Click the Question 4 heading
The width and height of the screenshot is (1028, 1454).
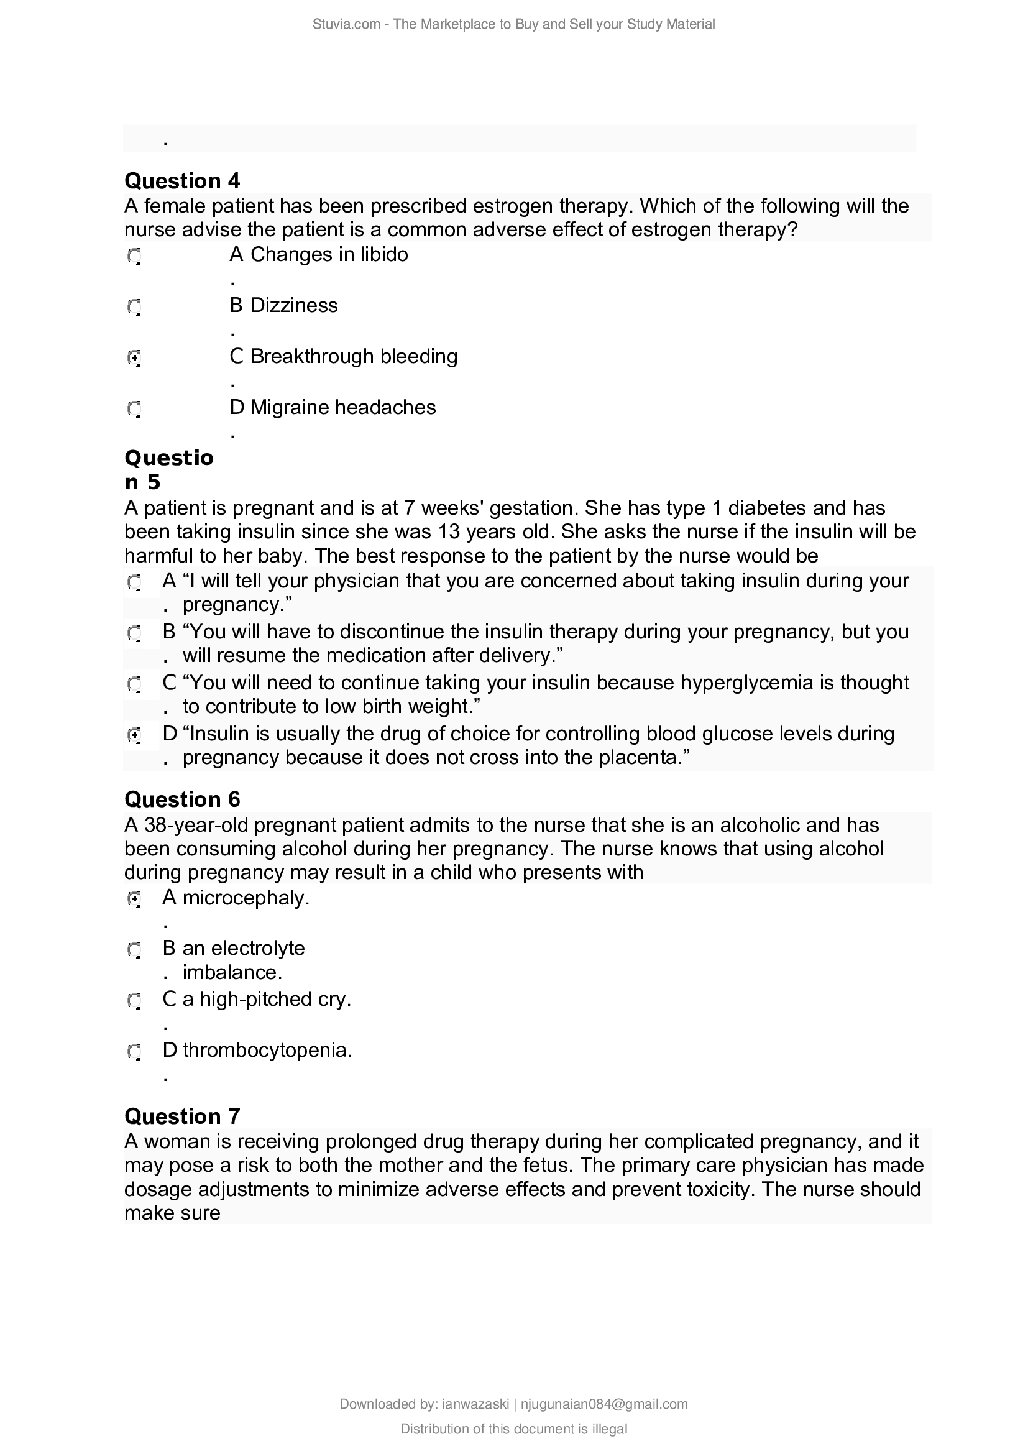[x=182, y=181]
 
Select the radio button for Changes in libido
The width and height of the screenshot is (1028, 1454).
[x=134, y=257]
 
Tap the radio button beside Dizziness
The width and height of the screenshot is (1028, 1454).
[x=134, y=308]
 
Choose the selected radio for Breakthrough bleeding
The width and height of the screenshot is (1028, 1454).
[x=134, y=359]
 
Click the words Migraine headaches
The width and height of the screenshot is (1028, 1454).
[x=342, y=407]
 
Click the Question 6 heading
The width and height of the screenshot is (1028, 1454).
[x=182, y=800]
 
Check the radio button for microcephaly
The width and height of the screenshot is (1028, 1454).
[x=134, y=899]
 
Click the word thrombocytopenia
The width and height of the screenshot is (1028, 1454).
[x=266, y=1051]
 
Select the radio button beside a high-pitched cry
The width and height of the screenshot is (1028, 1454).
[x=134, y=1001]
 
